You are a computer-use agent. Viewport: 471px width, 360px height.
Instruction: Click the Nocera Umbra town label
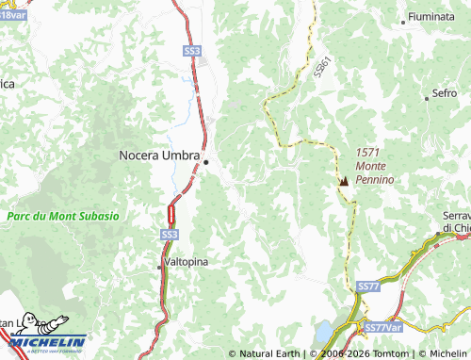[x=159, y=155]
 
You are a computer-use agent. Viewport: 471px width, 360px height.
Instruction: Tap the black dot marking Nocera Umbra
[x=206, y=162]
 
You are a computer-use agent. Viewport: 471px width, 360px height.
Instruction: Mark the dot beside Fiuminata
[x=403, y=20]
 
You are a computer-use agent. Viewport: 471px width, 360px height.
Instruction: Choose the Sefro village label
[x=445, y=93]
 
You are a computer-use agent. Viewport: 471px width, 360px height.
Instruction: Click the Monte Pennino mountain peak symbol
[x=343, y=180]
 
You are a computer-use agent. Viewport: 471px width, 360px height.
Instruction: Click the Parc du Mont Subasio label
[x=62, y=216]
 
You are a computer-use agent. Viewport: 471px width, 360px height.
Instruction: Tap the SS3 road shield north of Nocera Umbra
[x=192, y=50]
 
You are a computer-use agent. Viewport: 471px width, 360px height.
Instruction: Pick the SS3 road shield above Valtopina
[x=169, y=233]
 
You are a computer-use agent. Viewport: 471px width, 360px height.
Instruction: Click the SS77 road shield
[x=368, y=286]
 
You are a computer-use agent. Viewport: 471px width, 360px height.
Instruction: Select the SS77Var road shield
[x=382, y=327]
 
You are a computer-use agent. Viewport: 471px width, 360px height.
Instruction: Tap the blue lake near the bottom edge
[x=324, y=332]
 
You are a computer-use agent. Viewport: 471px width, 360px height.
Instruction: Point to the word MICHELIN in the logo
[x=48, y=342]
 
